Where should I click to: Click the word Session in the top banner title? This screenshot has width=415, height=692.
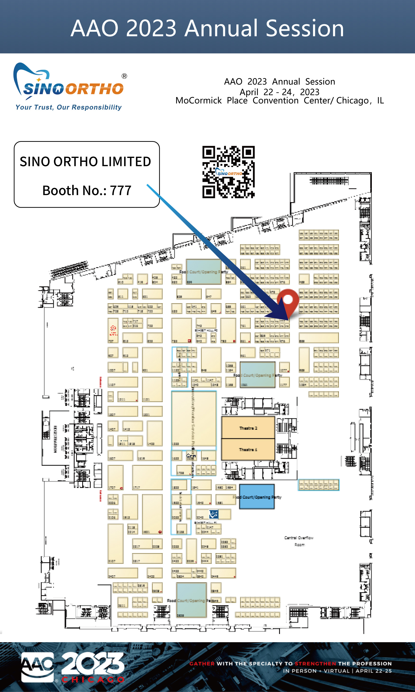(304, 28)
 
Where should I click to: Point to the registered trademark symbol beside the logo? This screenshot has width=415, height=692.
(124, 76)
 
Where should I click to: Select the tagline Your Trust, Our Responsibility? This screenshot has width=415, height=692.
(69, 107)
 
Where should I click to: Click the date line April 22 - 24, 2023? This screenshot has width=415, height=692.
(279, 92)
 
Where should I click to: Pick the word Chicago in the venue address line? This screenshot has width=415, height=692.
(352, 101)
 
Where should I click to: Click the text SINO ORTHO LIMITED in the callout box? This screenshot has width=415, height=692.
(85, 162)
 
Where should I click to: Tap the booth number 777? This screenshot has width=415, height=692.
(121, 190)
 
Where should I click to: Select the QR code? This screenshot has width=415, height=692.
(228, 172)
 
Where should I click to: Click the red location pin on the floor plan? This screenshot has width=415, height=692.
(288, 301)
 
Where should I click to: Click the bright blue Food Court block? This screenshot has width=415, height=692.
(257, 497)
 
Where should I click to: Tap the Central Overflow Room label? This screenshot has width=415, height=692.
(299, 541)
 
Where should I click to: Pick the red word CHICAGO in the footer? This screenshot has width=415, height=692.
(93, 679)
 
